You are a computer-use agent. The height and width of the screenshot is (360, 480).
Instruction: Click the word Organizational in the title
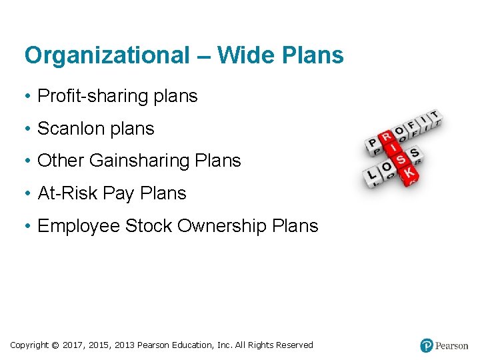(x=107, y=55)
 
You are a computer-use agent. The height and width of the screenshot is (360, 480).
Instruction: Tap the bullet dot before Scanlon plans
(x=29, y=129)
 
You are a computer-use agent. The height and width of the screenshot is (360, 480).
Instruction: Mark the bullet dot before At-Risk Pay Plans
(x=29, y=193)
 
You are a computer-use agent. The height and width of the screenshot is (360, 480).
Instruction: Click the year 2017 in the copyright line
(x=73, y=345)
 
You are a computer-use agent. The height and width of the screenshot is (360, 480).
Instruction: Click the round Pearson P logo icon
(x=427, y=345)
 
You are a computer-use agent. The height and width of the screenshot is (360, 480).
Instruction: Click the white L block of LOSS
(x=371, y=176)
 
